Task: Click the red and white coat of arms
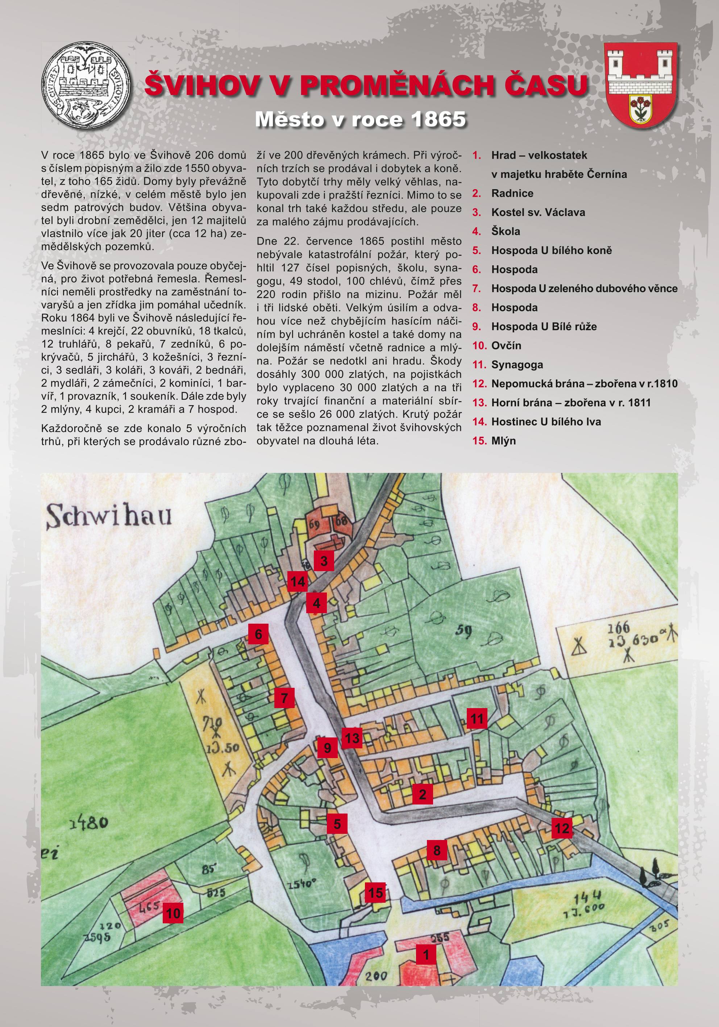click(641, 85)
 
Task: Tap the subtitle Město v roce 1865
click(360, 120)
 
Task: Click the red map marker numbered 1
click(425, 954)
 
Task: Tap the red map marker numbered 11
click(477, 719)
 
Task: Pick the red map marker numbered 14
click(298, 582)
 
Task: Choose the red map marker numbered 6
click(258, 634)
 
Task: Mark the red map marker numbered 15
click(375, 893)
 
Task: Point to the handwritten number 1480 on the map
click(88, 823)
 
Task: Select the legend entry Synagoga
click(517, 365)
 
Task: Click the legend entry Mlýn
click(503, 441)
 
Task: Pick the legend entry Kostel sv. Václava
click(538, 212)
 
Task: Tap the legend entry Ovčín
click(506, 345)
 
